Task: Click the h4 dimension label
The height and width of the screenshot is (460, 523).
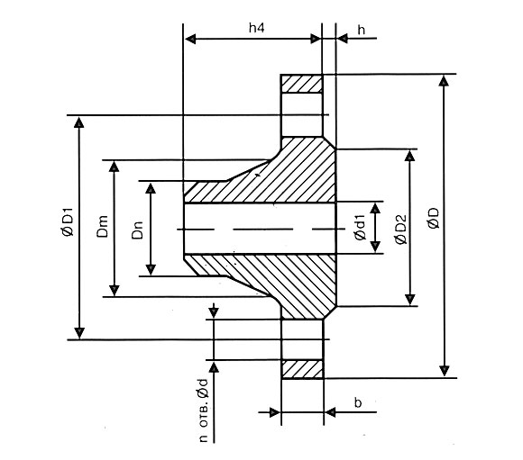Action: click(x=256, y=28)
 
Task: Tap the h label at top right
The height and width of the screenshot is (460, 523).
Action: click(x=362, y=30)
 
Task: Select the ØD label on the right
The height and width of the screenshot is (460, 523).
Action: click(x=433, y=218)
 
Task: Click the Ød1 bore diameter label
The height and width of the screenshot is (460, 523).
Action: click(x=360, y=228)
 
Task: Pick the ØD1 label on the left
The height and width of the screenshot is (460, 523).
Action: click(x=68, y=222)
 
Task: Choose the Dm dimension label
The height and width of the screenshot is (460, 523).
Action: click(x=103, y=227)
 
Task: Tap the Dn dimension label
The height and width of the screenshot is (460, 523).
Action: click(x=137, y=230)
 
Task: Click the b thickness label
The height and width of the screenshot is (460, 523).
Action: click(x=358, y=403)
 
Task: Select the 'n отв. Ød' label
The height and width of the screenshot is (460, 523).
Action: click(x=203, y=410)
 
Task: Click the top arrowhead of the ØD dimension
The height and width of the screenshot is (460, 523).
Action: click(x=444, y=81)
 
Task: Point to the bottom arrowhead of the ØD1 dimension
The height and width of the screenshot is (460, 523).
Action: click(x=79, y=333)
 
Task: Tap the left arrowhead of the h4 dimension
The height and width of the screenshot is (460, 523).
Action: click(x=191, y=40)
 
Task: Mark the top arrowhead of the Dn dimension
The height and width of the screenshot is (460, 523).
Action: click(x=151, y=188)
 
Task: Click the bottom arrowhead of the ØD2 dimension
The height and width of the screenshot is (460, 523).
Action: click(x=410, y=299)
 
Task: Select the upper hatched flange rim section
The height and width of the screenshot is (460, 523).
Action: click(x=302, y=84)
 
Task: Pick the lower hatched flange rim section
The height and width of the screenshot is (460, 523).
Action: click(x=302, y=369)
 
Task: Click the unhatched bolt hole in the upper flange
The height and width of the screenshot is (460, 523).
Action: click(x=302, y=114)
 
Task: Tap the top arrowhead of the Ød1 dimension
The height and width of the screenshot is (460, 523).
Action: click(x=375, y=208)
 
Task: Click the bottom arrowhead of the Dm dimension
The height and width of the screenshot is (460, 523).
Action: click(x=115, y=290)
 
